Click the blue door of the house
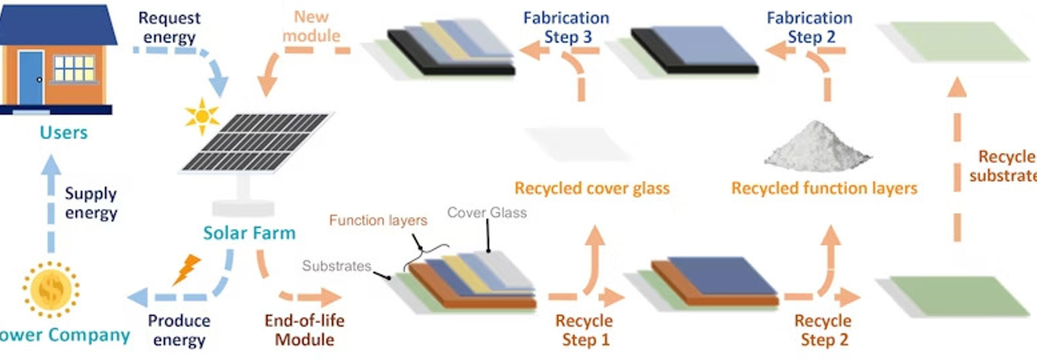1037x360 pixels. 30,77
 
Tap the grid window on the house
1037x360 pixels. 74,69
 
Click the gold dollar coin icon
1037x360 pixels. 51,289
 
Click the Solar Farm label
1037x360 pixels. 248,233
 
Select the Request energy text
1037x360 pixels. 169,27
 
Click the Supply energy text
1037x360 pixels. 91,203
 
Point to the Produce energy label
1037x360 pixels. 179,330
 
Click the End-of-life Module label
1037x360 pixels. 298,329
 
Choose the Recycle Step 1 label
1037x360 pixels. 584,330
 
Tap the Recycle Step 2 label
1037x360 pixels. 822,330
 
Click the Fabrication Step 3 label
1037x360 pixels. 567,27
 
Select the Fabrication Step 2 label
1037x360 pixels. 810,27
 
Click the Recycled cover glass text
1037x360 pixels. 592,189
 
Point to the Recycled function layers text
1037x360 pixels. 825,189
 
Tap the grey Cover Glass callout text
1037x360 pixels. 487,212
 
